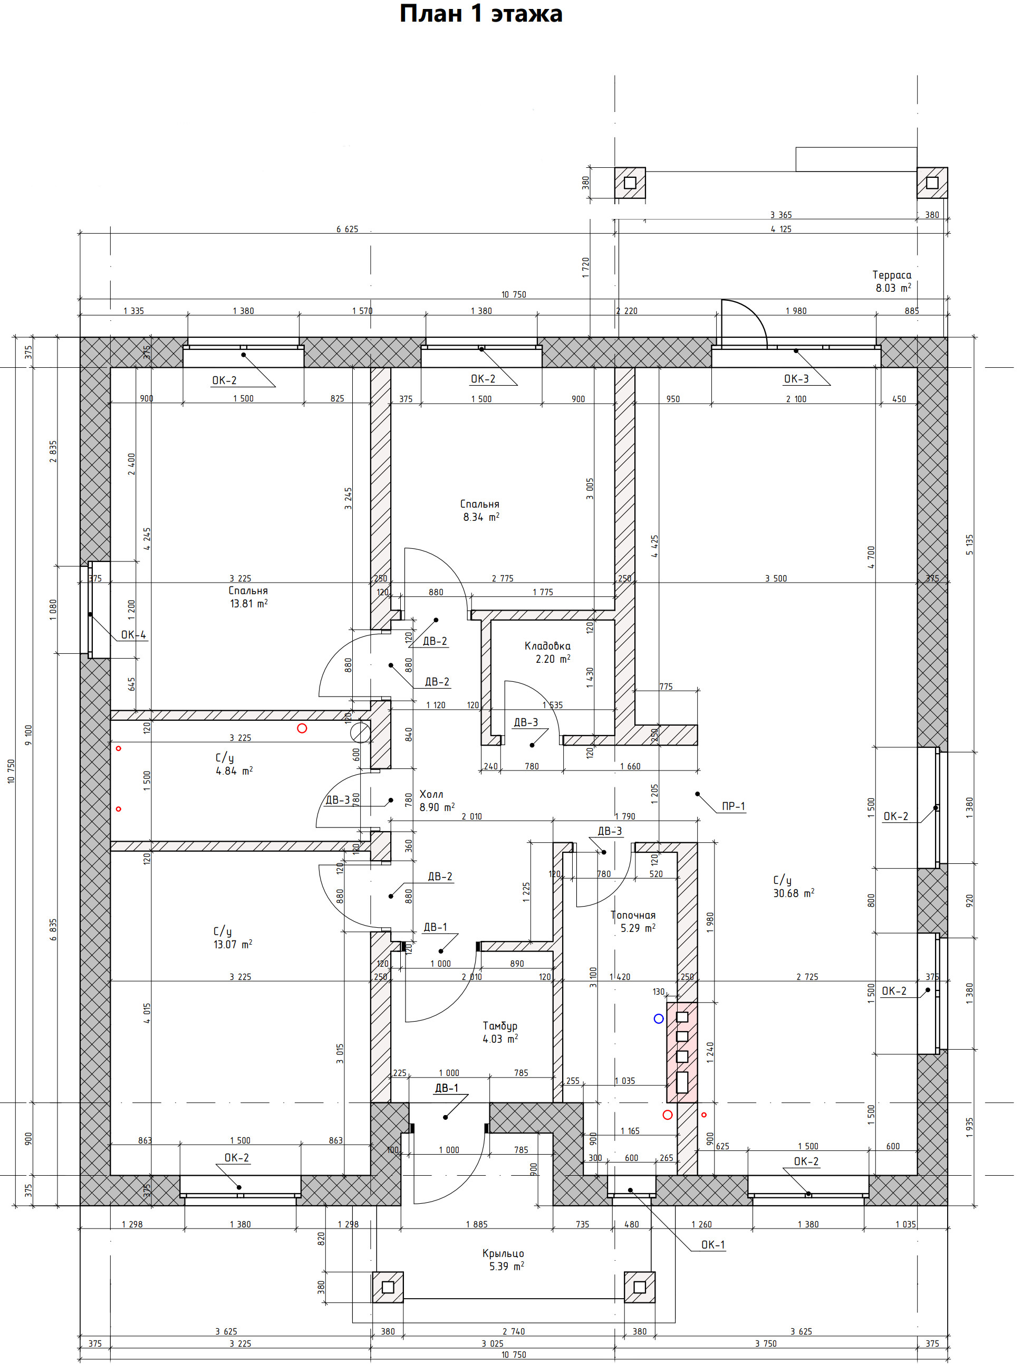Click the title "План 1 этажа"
481,14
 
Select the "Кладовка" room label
547,646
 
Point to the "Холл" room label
431,794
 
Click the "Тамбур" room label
500,1026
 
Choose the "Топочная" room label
633,915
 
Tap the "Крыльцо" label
503,1253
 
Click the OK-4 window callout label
133,634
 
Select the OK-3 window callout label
796,379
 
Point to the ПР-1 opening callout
734,806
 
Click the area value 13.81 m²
249,604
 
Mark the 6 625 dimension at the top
347,229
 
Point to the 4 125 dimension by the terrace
780,229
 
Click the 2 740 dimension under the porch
514,1331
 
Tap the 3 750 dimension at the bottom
766,1344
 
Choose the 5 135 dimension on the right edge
969,545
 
